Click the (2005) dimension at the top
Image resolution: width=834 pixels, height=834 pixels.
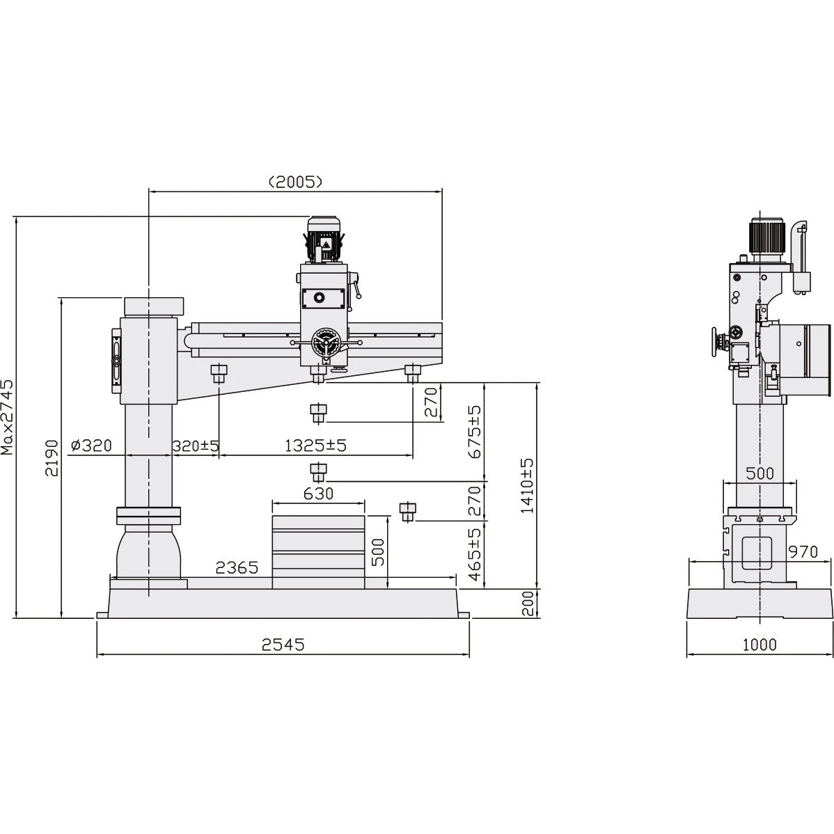click(x=295, y=182)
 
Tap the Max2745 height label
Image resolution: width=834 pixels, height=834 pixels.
click(x=8, y=417)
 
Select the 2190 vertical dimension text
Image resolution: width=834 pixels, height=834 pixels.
click(x=52, y=457)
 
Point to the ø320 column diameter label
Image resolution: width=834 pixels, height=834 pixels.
click(x=91, y=445)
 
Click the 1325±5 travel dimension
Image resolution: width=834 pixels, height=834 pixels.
click(x=315, y=445)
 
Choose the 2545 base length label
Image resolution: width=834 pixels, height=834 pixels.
click(x=283, y=645)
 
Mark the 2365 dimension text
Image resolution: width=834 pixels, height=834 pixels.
click(x=237, y=568)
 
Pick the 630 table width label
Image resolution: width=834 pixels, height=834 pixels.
click(x=318, y=494)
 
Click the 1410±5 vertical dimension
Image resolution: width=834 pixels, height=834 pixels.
click(x=527, y=485)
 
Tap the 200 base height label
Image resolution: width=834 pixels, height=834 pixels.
click(x=527, y=603)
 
